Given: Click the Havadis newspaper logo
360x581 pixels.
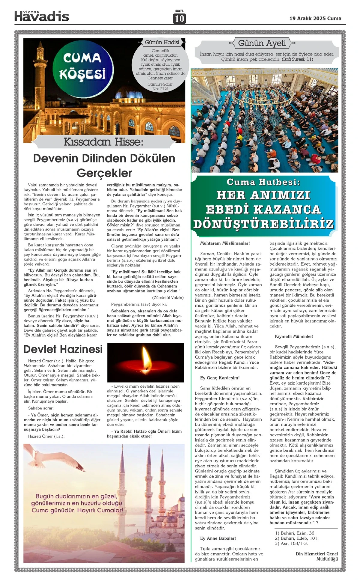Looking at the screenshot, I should (42, 16).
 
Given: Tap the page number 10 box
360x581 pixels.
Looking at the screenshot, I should (179, 19).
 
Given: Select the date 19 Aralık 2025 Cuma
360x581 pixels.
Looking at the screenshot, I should (315, 18).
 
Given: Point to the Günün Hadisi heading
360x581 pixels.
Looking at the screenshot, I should (162, 43).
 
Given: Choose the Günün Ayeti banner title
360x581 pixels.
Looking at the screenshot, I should (262, 43).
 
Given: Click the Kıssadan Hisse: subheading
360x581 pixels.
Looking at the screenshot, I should (103, 142).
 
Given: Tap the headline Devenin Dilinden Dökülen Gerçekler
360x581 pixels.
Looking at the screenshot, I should (104, 165).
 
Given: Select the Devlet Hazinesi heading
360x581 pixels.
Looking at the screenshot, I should (63, 349).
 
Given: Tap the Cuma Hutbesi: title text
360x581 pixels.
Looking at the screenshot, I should (263, 182).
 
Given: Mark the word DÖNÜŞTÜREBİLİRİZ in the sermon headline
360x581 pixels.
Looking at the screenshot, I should (263, 224).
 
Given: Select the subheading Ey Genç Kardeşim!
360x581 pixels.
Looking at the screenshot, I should (220, 378).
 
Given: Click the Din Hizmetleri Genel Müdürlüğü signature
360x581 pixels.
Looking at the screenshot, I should (316, 556).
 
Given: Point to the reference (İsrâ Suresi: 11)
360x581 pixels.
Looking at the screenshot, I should (297, 59).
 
